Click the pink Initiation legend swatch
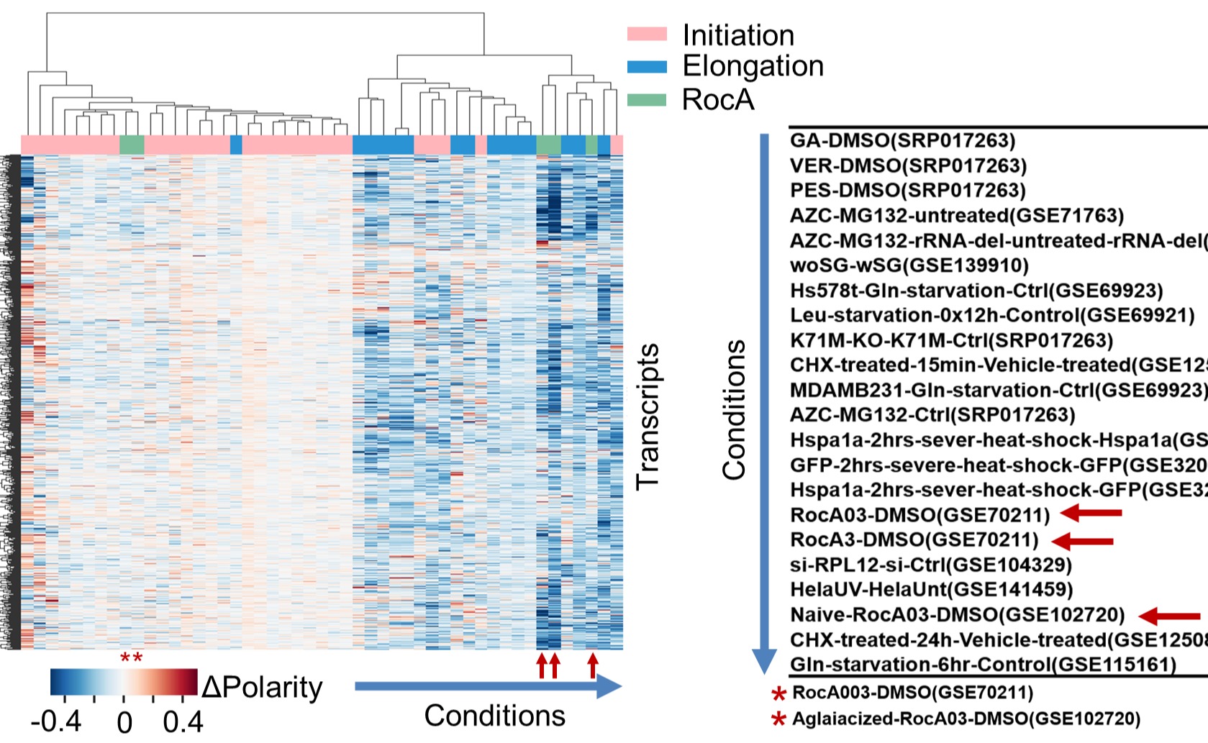[647, 34]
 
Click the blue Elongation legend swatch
[647, 66]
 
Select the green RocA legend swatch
[647, 99]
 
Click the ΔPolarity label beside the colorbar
[262, 688]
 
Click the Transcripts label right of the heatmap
[648, 417]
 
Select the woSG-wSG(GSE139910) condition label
[909, 265]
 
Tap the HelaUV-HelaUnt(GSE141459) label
[931, 590]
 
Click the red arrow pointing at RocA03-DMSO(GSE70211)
[1091, 513]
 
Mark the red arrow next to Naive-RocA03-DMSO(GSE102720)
[1170, 616]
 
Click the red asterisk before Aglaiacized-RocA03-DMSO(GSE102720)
[778, 719]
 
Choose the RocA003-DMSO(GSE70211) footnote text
[912, 693]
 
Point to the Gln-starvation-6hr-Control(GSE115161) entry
[983, 665]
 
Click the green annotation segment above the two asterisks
[132, 145]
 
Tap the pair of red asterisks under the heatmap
[131, 658]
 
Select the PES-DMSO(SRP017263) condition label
[907, 191]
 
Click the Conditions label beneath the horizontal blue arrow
[494, 716]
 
